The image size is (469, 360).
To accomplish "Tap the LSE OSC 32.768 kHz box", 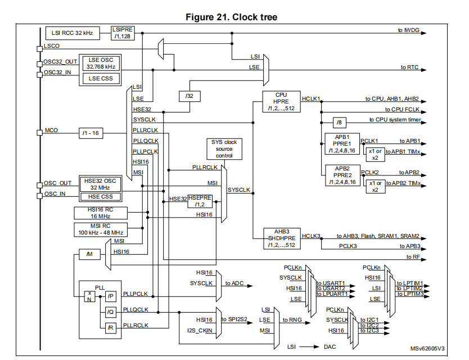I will point(101,62).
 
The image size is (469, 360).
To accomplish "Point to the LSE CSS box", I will point(101,79).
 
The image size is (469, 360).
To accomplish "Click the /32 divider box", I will point(189,96).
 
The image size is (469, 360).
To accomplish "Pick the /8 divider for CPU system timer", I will point(340,122).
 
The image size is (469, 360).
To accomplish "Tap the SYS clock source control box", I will point(224,148).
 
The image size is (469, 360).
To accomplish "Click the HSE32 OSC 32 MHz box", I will point(101,183).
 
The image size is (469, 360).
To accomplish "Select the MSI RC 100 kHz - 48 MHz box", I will point(101,229).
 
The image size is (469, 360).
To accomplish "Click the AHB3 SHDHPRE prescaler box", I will point(281,238).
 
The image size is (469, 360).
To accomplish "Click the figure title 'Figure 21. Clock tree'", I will point(231,17).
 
